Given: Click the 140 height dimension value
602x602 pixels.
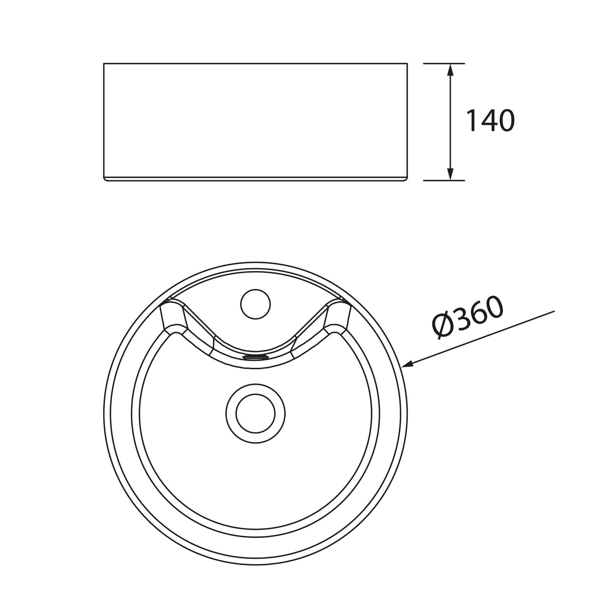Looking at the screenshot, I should [490, 121].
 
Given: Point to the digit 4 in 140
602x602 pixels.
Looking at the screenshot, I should [488, 121].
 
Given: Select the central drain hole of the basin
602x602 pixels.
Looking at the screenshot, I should [256, 413].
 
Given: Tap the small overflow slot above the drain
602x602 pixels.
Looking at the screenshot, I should [256, 357].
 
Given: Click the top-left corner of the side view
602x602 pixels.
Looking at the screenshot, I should [104, 63].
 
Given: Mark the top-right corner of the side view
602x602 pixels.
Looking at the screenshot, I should [407, 63].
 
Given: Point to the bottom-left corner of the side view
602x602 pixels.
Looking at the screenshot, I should [104, 180].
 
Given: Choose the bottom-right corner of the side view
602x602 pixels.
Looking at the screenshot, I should [407, 180].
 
